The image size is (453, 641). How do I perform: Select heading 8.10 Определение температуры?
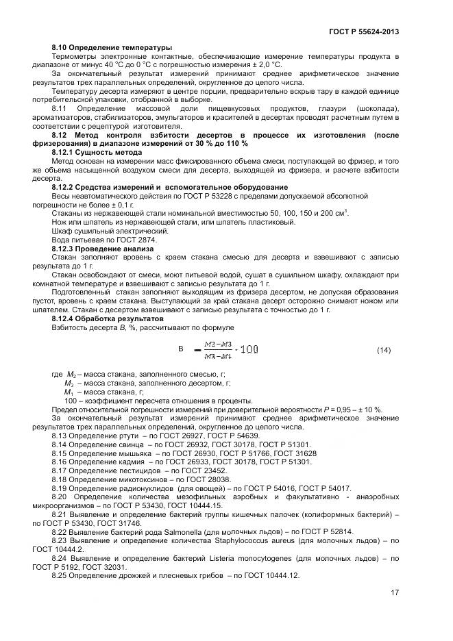pyautogui.click(x=112, y=47)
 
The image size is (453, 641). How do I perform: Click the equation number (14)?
pyautogui.click(x=384, y=350)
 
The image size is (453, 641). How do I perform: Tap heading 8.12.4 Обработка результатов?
pyautogui.click(x=107, y=318)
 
